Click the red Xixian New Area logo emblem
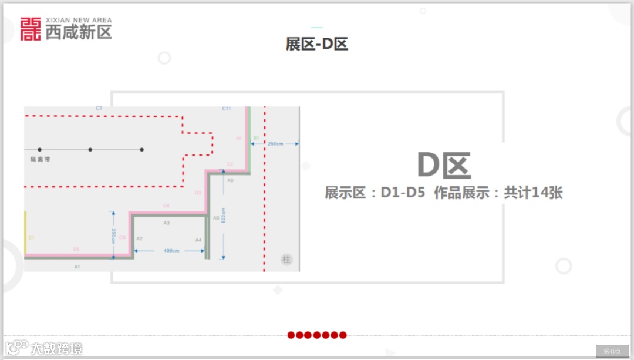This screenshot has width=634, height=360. point(31,29)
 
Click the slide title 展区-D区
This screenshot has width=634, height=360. point(317,44)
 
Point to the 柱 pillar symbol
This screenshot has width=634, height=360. point(286,260)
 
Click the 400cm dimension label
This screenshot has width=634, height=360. point(171,251)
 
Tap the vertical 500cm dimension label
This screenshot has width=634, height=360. point(223,216)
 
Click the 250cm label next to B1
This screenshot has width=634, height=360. point(275,143)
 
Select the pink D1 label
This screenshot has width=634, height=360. point(239,139)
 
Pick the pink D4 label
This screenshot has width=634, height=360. point(166,206)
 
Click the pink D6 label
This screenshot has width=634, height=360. point(76,250)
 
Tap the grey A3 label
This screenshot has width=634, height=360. point(167,223)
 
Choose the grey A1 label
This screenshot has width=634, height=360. point(77,267)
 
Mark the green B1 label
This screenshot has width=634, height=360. point(256,138)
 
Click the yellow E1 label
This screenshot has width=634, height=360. point(32,238)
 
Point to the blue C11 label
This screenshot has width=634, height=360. point(227,109)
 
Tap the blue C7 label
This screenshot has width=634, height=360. point(99,109)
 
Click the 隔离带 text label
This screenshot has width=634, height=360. point(41,159)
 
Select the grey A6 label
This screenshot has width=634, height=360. point(230,180)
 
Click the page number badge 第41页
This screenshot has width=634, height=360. point(612,351)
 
